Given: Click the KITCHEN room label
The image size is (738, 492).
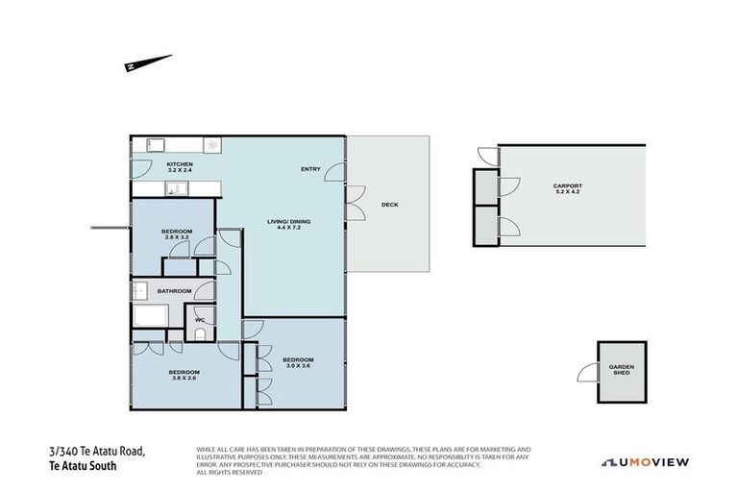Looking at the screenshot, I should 180,164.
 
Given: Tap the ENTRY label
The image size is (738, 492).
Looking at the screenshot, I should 310,169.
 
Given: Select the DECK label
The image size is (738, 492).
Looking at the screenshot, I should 389,205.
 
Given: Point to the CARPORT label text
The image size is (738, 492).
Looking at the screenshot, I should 568,185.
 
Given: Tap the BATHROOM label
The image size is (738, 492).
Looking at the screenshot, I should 175,291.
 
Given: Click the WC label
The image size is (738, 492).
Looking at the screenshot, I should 200,320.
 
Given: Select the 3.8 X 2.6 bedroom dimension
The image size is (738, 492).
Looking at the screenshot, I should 184,379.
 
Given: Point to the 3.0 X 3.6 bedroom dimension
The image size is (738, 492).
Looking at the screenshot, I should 298,366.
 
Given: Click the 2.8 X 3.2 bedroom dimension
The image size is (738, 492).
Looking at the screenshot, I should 177,237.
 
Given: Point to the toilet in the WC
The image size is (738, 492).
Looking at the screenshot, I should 200,333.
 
